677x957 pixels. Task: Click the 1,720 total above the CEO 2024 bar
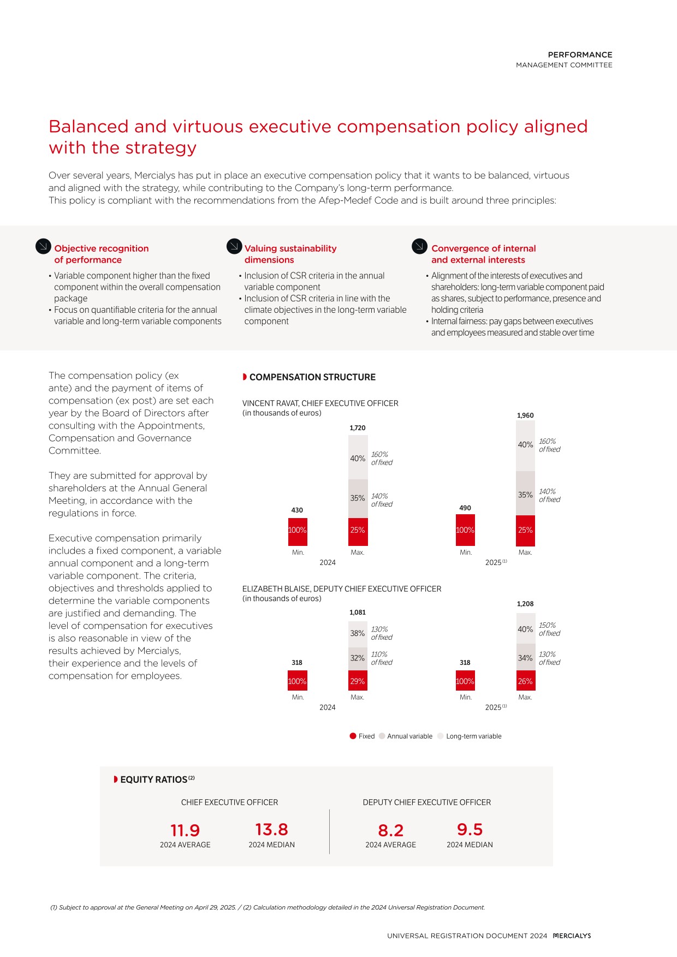point(358,428)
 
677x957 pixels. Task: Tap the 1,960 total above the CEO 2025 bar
point(525,415)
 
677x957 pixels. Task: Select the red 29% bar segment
point(358,681)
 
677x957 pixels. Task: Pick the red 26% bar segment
point(525,681)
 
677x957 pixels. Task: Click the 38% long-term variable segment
point(358,634)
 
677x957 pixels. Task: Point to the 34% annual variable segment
point(525,658)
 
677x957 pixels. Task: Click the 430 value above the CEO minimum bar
point(297,510)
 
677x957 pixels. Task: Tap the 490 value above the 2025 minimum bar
point(465,508)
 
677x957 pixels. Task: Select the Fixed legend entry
point(362,736)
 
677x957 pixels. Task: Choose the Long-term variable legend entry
point(470,736)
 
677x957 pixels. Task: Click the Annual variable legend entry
point(405,736)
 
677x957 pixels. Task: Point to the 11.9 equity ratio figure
point(185,830)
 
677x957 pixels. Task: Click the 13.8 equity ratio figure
point(272,830)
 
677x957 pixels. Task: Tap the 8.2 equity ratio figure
point(391,830)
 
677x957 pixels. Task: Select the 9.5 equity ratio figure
point(470,830)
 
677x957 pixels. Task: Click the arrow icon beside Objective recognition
point(43,246)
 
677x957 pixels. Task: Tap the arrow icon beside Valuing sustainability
point(234,246)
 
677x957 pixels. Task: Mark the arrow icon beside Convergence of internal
point(419,246)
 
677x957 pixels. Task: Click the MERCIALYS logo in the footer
point(572,936)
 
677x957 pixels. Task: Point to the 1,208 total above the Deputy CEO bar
point(525,604)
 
